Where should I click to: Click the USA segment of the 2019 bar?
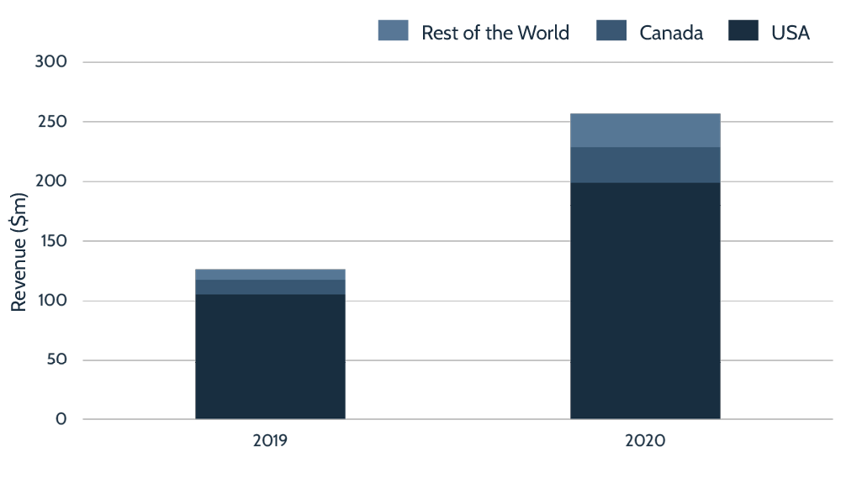click(x=270, y=356)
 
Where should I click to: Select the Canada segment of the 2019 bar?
click(x=270, y=286)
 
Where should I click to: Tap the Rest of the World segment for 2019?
click(x=270, y=275)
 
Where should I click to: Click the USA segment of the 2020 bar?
click(x=645, y=300)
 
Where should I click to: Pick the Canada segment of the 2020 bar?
click(x=645, y=165)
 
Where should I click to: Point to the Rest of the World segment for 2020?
click(x=645, y=130)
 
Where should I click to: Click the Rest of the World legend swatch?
click(x=393, y=32)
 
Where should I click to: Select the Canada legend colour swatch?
click(x=611, y=32)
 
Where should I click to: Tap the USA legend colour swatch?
click(x=743, y=32)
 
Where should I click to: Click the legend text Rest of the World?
click(x=495, y=33)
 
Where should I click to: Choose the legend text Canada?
click(x=671, y=33)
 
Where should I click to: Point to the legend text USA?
click(x=791, y=33)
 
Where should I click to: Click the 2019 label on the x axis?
click(x=270, y=440)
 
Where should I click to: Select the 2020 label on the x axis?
click(x=645, y=440)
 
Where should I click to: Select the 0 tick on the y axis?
click(x=61, y=419)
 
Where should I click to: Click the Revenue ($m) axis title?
click(x=19, y=251)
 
